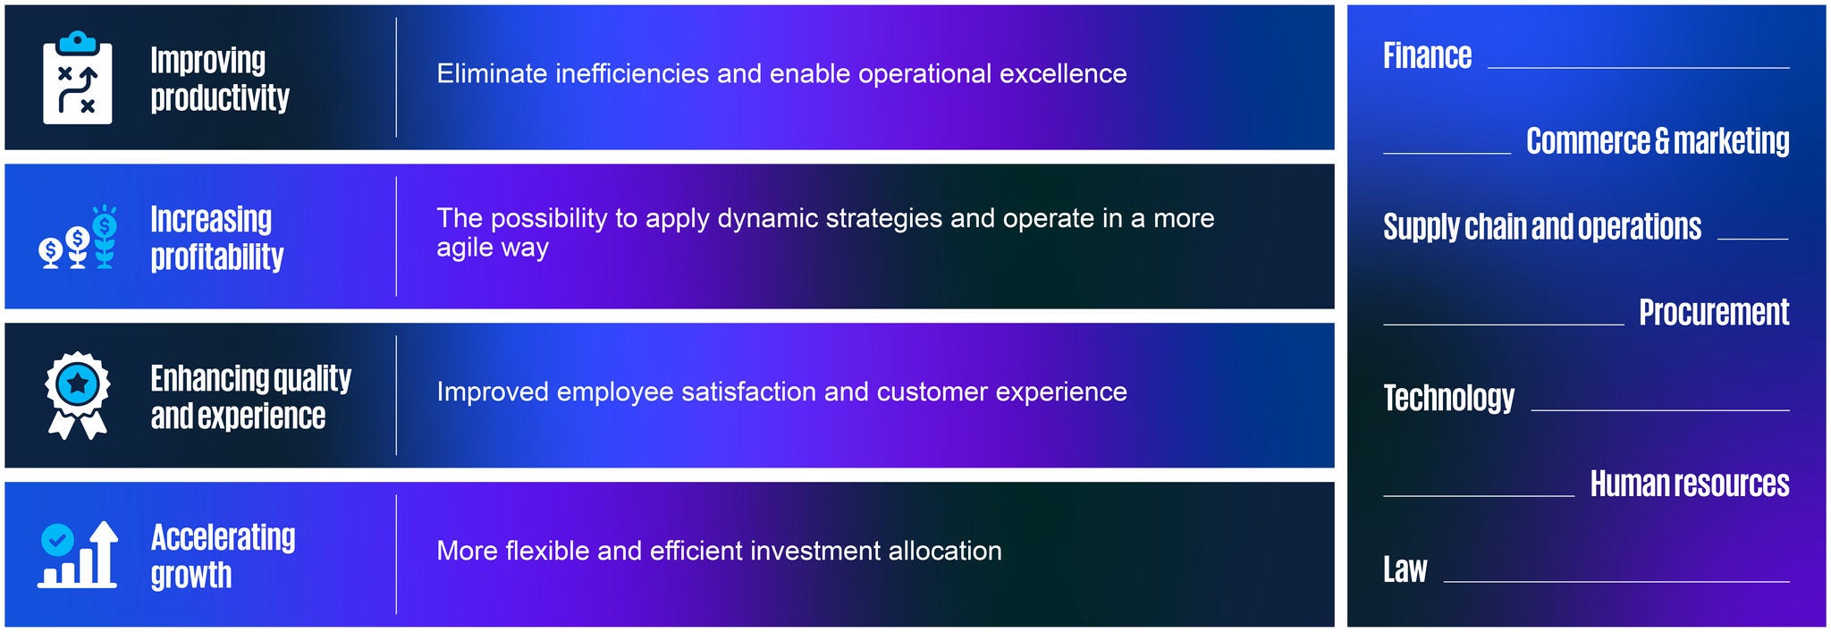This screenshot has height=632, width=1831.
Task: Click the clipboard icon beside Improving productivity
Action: click(78, 78)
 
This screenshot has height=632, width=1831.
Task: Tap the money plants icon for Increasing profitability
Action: click(78, 237)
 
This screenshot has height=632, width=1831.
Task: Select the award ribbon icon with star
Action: click(78, 395)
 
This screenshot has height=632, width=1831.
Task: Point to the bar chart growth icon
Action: click(78, 554)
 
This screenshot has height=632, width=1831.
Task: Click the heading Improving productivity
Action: click(220, 79)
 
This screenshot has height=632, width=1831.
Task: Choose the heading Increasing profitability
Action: click(216, 238)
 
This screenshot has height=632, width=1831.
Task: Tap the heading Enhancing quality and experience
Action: click(250, 397)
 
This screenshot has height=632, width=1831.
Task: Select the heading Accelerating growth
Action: click(223, 556)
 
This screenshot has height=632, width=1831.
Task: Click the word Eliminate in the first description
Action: click(492, 73)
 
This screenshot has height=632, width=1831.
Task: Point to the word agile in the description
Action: click(462, 249)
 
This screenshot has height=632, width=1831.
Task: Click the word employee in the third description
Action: click(614, 392)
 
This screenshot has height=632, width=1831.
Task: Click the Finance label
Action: click(1427, 55)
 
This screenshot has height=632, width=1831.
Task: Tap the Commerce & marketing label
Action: click(1658, 141)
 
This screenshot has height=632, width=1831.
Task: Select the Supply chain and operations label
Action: click(1542, 227)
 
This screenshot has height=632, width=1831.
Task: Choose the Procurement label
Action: click(1714, 312)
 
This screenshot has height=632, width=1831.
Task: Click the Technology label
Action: click(1448, 399)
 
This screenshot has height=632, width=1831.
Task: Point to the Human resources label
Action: click(1690, 484)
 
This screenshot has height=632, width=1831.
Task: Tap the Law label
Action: click(1405, 569)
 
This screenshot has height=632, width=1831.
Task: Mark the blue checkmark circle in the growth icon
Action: click(58, 540)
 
